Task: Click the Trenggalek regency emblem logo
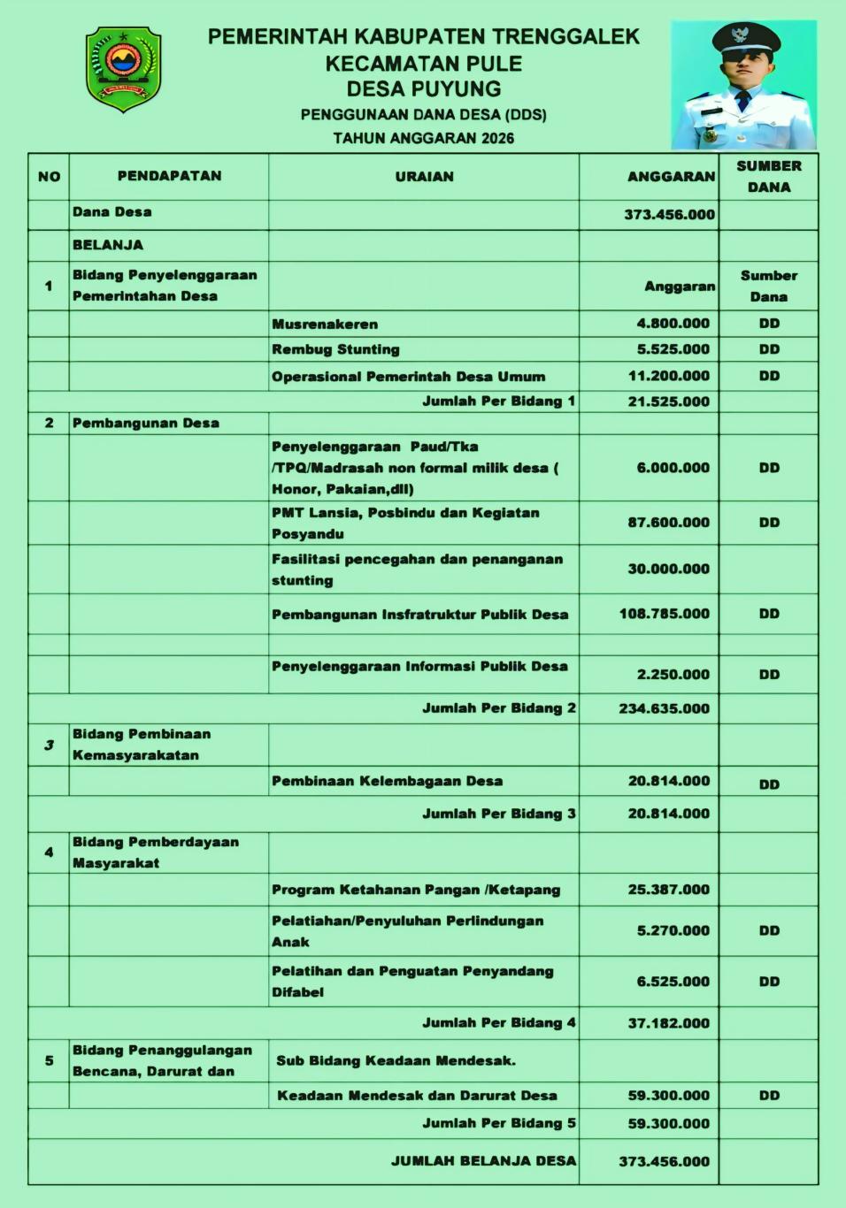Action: coord(123,69)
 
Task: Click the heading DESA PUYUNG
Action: coord(423,88)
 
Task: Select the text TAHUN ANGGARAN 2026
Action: coord(423,138)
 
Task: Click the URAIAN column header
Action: coord(424,177)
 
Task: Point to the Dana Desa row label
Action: coord(112,212)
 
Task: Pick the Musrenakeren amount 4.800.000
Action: coord(673,324)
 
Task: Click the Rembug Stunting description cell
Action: coord(335,349)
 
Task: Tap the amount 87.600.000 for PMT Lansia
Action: coord(668,523)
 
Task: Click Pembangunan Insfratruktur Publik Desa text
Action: coord(419,615)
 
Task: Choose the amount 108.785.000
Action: coord(664,614)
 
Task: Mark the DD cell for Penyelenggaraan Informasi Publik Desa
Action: coord(769,675)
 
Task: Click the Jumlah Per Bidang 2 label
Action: coord(498,708)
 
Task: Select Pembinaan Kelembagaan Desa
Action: coord(387,782)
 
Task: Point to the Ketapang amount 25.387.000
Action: coord(668,890)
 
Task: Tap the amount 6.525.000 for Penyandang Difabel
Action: coord(673,982)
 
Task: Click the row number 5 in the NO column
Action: coord(49,1060)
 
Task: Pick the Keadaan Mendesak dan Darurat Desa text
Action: coord(417,1096)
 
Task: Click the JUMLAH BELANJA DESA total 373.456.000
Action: coord(664,1162)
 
